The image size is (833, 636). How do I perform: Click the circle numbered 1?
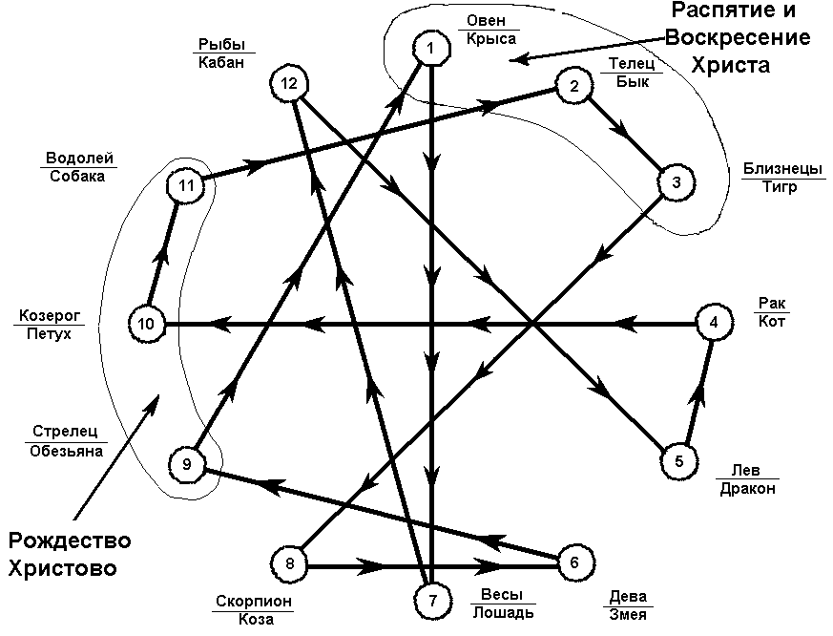tap(431, 49)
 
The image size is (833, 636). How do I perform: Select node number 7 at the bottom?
tap(432, 601)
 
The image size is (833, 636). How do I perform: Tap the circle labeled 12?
tap(289, 83)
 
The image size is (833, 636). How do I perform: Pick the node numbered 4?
tap(714, 322)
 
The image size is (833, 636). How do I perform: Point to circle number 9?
tap(186, 464)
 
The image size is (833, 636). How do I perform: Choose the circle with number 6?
tap(574, 562)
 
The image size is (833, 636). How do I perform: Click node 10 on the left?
tap(146, 324)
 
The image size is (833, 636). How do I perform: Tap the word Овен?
tap(486, 20)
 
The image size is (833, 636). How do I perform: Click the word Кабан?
tap(221, 62)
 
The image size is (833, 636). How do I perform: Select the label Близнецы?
tap(782, 169)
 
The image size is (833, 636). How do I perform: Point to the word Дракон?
tap(747, 489)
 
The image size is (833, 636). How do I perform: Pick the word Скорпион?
tap(254, 601)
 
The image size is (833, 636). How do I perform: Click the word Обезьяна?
tap(66, 451)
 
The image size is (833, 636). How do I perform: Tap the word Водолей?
tap(79, 158)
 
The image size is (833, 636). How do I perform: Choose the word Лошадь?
tap(503, 612)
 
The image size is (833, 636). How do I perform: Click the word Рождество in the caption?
tap(70, 541)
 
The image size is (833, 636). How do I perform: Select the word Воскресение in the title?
tap(738, 37)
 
